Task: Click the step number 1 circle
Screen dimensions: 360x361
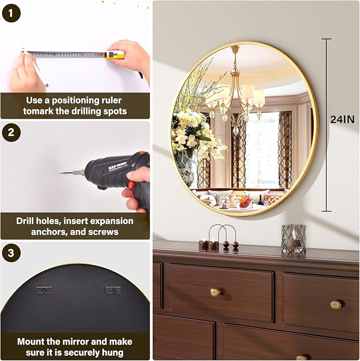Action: click(11, 13)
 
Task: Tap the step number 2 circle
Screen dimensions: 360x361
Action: click(11, 133)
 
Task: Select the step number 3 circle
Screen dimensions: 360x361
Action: click(11, 253)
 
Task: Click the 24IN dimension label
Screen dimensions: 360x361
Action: click(343, 119)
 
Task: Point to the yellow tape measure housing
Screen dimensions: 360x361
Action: click(115, 55)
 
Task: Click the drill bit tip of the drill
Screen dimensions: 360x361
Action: click(59, 173)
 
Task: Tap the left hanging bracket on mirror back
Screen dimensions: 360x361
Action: click(44, 290)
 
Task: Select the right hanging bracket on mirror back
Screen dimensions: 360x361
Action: click(113, 290)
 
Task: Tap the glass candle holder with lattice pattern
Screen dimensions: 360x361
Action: click(294, 240)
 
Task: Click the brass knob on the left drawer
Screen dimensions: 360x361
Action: click(215, 293)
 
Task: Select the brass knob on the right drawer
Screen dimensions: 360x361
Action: click(336, 305)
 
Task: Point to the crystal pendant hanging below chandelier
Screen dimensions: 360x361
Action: click(235, 130)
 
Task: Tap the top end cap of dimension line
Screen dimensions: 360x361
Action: click(327, 39)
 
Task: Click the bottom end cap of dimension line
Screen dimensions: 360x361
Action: click(327, 211)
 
